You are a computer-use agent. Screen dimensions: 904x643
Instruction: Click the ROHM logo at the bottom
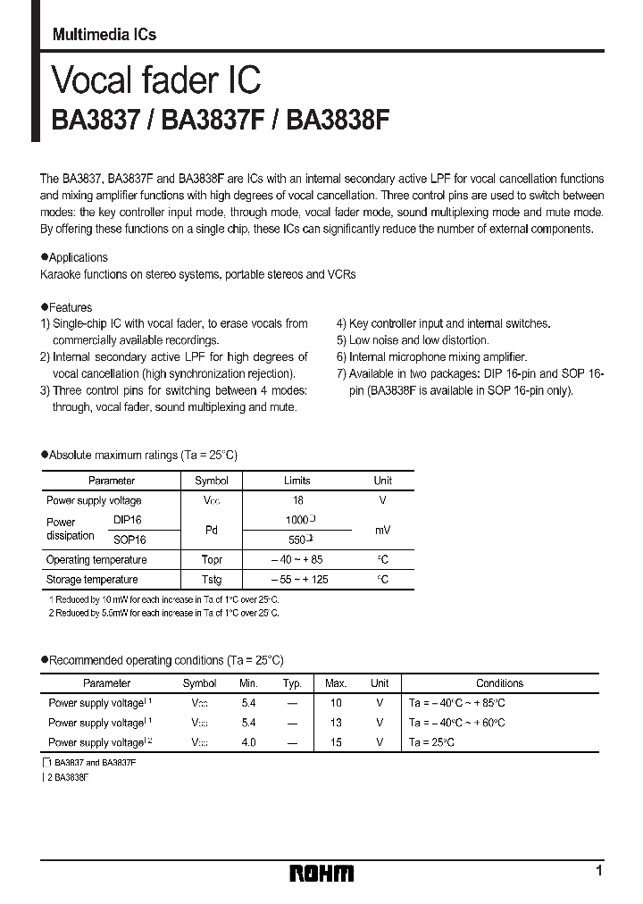(x=321, y=873)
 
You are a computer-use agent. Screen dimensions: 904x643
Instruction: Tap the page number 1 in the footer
(x=598, y=870)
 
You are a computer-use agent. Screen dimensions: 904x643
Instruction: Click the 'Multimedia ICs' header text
(x=104, y=35)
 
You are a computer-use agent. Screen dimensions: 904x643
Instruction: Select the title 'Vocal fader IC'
(x=156, y=80)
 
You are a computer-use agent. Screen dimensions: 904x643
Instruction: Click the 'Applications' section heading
(x=78, y=257)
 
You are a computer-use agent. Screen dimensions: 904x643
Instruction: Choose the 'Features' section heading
(x=70, y=307)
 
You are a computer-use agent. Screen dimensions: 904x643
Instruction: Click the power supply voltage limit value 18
(x=297, y=500)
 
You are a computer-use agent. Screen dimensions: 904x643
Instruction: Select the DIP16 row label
(x=128, y=519)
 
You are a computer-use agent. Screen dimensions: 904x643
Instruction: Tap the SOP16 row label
(x=129, y=540)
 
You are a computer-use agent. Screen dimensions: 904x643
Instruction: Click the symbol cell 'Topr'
(x=211, y=560)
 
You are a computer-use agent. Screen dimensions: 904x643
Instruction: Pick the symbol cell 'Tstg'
(x=211, y=580)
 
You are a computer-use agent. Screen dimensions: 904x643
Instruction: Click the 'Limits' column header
(x=297, y=481)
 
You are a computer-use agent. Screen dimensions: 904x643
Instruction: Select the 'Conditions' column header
(x=499, y=683)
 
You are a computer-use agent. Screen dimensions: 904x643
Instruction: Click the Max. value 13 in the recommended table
(x=336, y=723)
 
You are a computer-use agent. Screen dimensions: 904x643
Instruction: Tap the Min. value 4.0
(x=248, y=742)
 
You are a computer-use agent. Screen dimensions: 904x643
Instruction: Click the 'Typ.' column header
(x=292, y=683)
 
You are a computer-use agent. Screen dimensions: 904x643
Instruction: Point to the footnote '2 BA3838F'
(x=68, y=778)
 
